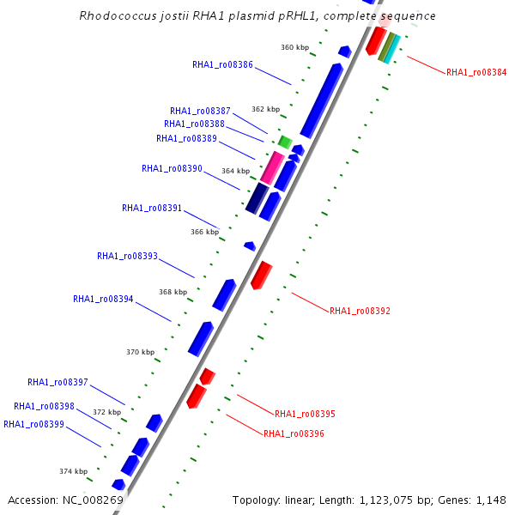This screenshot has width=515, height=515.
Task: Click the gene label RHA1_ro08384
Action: point(476,73)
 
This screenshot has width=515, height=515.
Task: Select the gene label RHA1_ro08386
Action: point(221,64)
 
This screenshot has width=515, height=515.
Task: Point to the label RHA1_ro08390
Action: point(172,169)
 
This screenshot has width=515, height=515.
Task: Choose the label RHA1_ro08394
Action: point(103,300)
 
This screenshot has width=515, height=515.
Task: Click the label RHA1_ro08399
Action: point(33,424)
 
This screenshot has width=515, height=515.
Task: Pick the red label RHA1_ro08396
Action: point(294,434)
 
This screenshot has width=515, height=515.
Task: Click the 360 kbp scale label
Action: point(294,47)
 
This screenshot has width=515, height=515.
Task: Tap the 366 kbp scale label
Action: point(204,232)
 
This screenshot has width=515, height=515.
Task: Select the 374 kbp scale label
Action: point(73,471)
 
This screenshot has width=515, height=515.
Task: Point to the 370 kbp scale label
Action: point(140,352)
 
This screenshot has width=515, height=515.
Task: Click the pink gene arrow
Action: point(272,167)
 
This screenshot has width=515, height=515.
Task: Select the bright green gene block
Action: point(285,142)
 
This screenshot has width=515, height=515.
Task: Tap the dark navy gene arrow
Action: point(257,198)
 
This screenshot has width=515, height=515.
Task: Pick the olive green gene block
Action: point(385,46)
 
